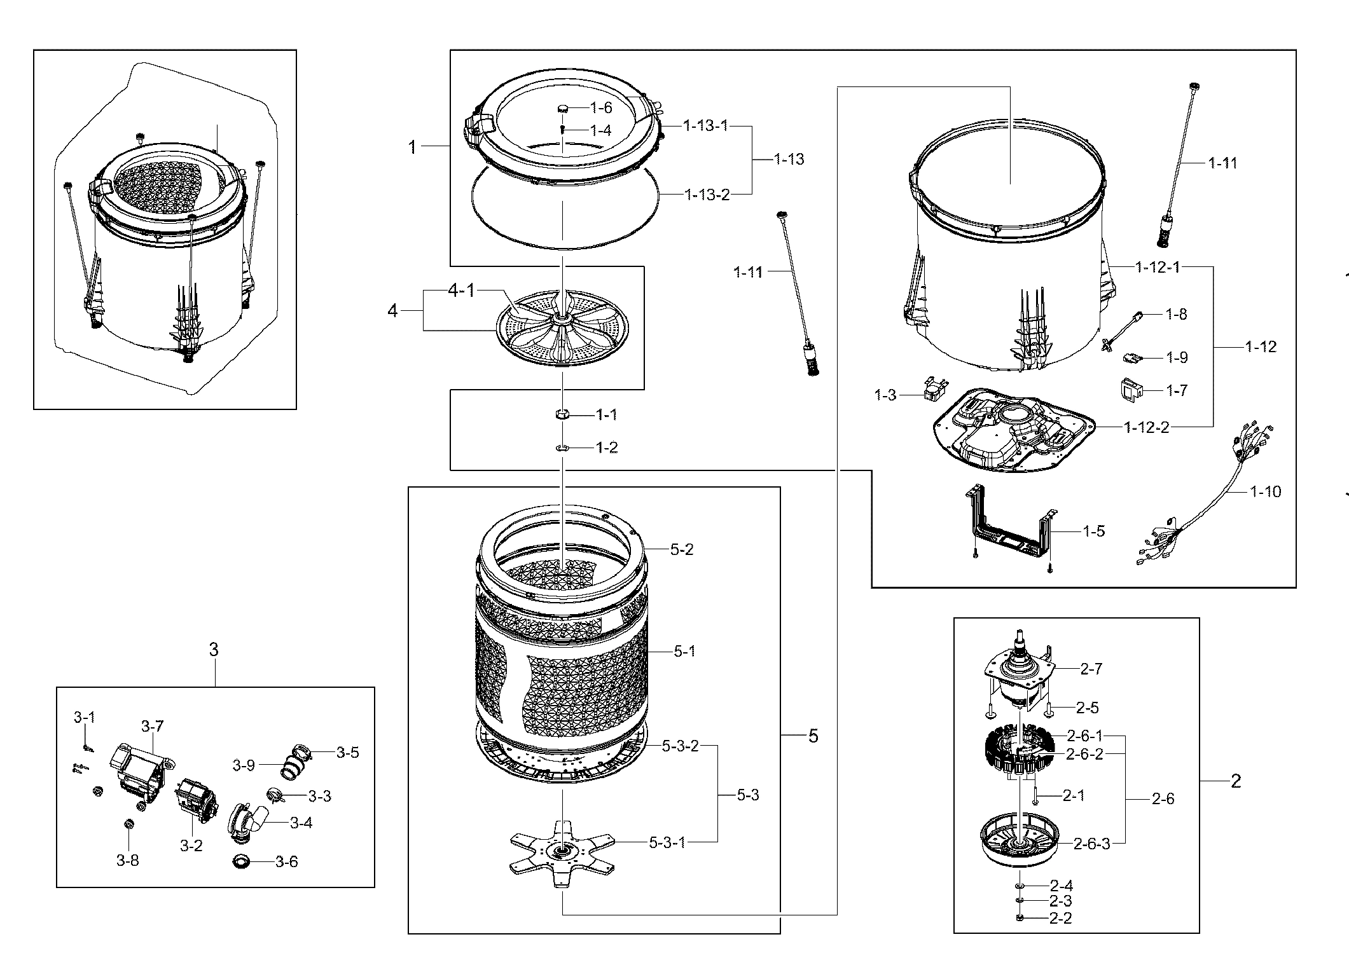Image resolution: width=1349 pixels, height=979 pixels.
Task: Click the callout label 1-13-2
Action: tap(707, 194)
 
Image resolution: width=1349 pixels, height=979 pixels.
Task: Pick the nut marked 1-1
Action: tap(562, 415)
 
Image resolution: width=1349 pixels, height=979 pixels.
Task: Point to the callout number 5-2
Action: tap(682, 549)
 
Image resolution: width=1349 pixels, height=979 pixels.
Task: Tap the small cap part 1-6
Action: tap(563, 108)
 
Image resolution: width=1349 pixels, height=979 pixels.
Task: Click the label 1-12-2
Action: tap(1147, 427)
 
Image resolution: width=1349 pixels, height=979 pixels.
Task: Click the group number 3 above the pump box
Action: tap(214, 649)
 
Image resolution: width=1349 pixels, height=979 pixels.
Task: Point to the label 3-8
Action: tap(127, 860)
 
